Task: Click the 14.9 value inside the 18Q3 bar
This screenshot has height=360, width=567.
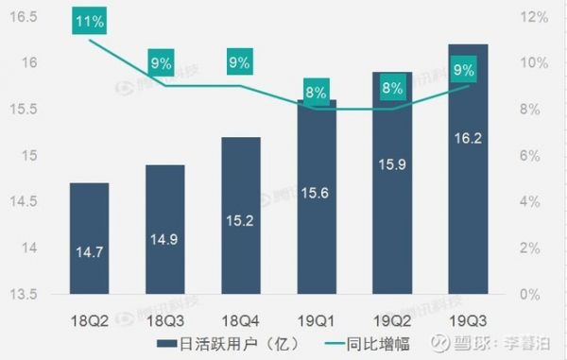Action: click(x=165, y=239)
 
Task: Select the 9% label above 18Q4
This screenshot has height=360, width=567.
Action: click(x=237, y=63)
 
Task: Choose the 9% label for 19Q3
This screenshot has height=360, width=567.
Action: click(x=464, y=69)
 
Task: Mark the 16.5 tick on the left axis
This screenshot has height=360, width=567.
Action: click(x=21, y=16)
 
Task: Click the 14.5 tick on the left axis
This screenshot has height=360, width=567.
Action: click(x=21, y=201)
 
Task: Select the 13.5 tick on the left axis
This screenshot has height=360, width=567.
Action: click(x=21, y=294)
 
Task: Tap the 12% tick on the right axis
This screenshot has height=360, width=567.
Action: click(x=534, y=16)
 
